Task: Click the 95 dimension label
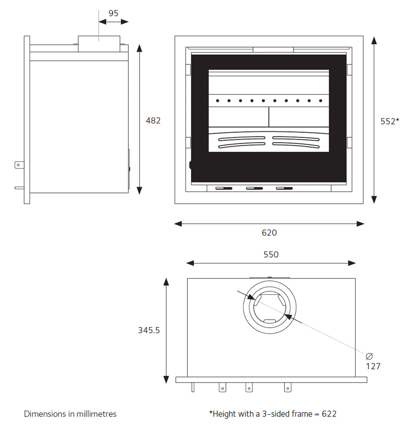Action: tap(113, 13)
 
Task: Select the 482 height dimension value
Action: tap(153, 120)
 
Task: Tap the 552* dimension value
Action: tap(390, 121)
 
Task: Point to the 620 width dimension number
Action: tap(269, 233)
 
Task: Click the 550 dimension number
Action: tap(271, 255)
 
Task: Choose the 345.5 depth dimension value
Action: tap(149, 330)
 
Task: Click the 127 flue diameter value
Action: tap(373, 366)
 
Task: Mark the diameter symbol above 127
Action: tap(369, 356)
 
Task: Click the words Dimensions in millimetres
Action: tap(70, 414)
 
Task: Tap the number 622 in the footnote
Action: tap(329, 414)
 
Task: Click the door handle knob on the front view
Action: tap(191, 164)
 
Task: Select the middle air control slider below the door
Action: tap(254, 188)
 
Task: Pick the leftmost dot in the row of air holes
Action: tap(217, 101)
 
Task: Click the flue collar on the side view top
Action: tap(99, 43)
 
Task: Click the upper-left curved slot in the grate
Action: tap(242, 139)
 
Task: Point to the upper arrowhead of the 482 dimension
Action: tap(139, 48)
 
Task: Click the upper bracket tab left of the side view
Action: tap(19, 164)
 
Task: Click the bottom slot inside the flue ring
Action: tap(269, 321)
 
